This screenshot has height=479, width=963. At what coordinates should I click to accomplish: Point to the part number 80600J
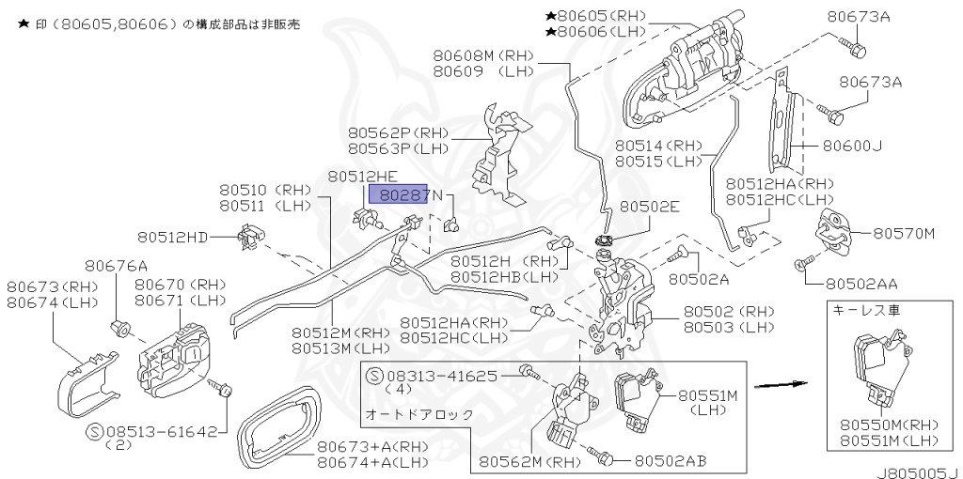(x=852, y=147)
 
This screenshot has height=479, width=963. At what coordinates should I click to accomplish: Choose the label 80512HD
(x=172, y=237)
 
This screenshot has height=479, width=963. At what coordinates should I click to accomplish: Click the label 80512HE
(x=362, y=177)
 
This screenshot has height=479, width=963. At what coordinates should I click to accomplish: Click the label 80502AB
(x=670, y=460)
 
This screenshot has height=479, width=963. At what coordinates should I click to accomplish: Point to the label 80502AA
(x=861, y=283)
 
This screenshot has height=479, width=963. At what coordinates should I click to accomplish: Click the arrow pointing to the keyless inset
(x=782, y=385)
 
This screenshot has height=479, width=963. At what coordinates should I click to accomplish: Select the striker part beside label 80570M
(x=834, y=230)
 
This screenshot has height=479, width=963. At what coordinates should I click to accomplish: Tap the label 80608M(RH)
(x=483, y=55)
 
